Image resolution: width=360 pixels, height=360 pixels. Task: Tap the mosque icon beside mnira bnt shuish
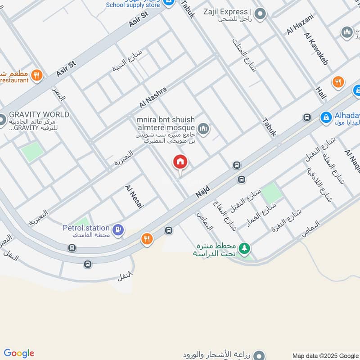click(204, 129)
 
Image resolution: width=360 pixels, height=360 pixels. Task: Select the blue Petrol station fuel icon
click(118, 229)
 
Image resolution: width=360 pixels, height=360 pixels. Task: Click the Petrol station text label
click(86, 228)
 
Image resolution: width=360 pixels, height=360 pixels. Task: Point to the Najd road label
click(204, 188)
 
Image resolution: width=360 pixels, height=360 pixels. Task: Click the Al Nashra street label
click(153, 97)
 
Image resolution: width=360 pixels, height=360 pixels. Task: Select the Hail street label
click(321, 93)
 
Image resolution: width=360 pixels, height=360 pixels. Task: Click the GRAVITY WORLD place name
click(39, 115)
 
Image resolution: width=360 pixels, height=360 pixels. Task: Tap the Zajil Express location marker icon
click(260, 14)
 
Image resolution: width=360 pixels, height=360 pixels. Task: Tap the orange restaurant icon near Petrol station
click(147, 239)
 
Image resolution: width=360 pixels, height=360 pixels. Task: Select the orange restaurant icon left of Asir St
click(37, 75)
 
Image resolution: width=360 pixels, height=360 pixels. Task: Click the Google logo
click(19, 353)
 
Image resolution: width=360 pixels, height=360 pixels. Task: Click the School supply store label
click(133, 5)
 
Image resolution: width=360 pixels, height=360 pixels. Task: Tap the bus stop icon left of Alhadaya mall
click(307, 117)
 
